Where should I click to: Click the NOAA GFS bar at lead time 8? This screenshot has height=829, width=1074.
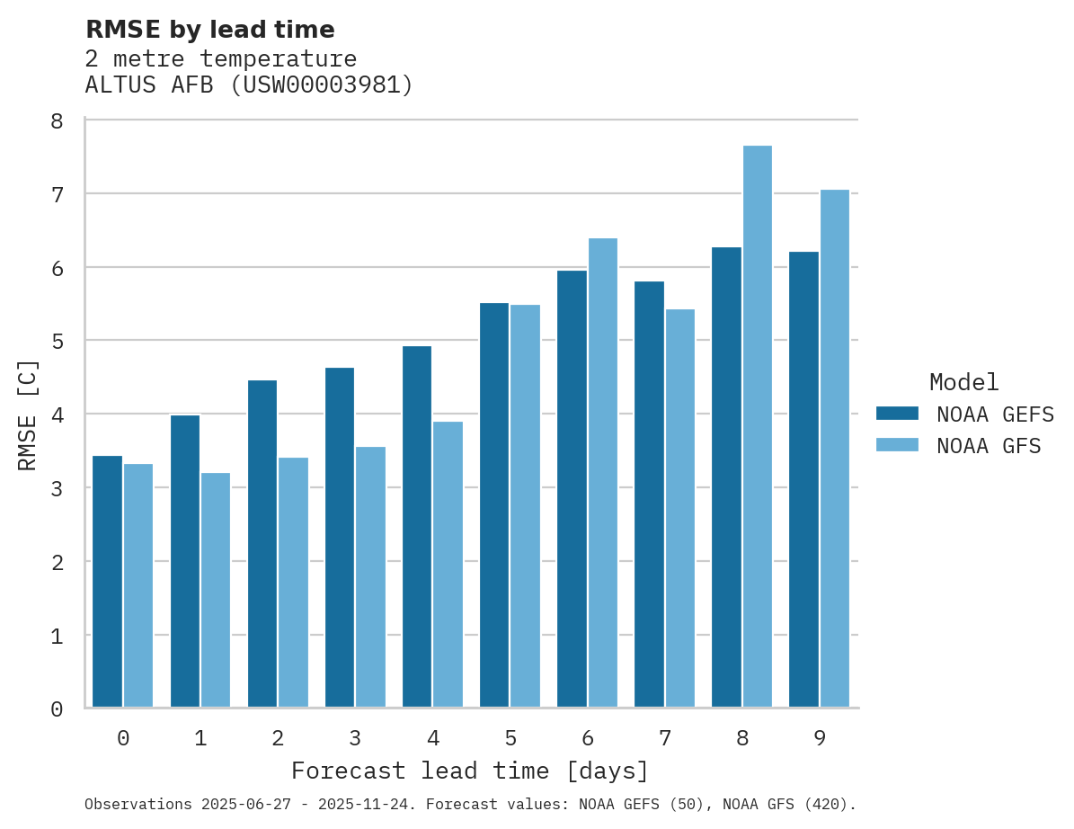(x=758, y=426)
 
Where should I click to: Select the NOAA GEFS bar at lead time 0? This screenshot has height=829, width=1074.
(x=108, y=582)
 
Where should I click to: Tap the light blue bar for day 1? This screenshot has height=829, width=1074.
(x=216, y=590)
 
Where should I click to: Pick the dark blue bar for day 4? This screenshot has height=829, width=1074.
(x=417, y=527)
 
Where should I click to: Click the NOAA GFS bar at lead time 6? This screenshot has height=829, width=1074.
(x=603, y=473)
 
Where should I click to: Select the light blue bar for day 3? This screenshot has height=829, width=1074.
(x=370, y=577)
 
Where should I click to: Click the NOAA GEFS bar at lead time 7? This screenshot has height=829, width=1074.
(x=649, y=495)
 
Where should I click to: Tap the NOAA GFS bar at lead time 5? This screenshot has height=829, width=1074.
(x=526, y=506)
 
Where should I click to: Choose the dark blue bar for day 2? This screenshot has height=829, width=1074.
(x=262, y=544)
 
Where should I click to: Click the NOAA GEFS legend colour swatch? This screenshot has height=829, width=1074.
(x=897, y=414)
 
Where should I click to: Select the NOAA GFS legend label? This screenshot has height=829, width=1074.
(x=989, y=446)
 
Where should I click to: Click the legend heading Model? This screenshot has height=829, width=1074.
(x=963, y=382)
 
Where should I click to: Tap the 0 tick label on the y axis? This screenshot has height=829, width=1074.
(x=57, y=709)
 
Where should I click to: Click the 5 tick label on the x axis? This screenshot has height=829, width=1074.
(x=510, y=738)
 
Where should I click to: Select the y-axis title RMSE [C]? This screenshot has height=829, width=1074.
(x=29, y=414)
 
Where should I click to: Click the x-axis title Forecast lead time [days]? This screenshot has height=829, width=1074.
(x=470, y=771)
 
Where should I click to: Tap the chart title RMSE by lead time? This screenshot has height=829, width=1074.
(x=209, y=30)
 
